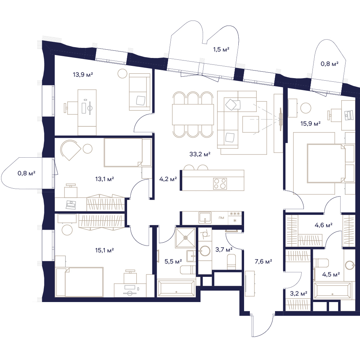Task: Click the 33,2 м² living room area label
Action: point(200,154)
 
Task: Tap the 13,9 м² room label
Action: point(83,75)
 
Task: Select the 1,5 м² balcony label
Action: point(221,49)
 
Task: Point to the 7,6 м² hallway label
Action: point(264,261)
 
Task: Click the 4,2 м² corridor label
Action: point(168,179)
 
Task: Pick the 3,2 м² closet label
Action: point(298,294)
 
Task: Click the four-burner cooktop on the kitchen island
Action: point(220,184)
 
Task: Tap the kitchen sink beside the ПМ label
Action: point(205,217)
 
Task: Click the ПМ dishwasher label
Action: point(221,218)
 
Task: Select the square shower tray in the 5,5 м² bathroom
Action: point(185,238)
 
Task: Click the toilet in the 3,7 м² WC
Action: point(231,262)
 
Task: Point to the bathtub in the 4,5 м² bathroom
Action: point(333,291)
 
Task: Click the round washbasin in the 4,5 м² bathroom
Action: point(350,265)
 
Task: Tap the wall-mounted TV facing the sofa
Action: point(280,119)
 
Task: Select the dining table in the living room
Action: point(193,114)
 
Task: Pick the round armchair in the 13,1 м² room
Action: point(71,150)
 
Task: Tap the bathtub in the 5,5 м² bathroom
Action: point(176,288)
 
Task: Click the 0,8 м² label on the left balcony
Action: point(26,173)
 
